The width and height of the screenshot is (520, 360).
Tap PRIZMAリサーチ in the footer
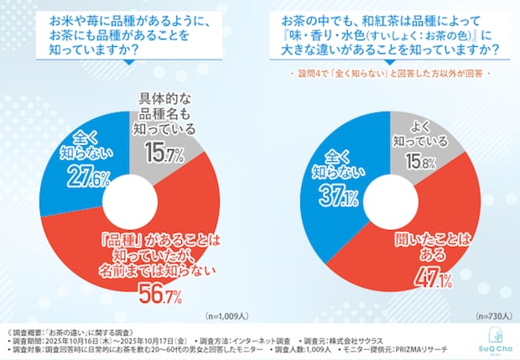419,348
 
